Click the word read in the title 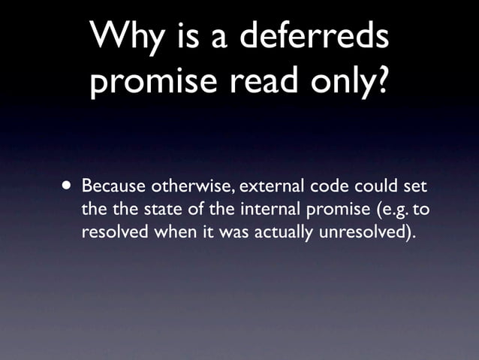pos(267,81)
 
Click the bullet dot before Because pos(68,185)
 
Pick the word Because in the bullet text pos(115,185)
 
